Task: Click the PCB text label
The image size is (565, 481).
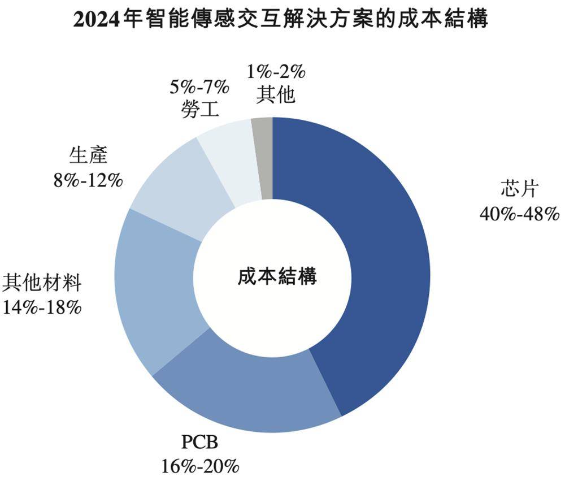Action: coord(199,443)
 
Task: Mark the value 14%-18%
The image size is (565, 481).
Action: coord(43,306)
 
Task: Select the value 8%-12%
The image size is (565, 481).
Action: coord(88,179)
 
